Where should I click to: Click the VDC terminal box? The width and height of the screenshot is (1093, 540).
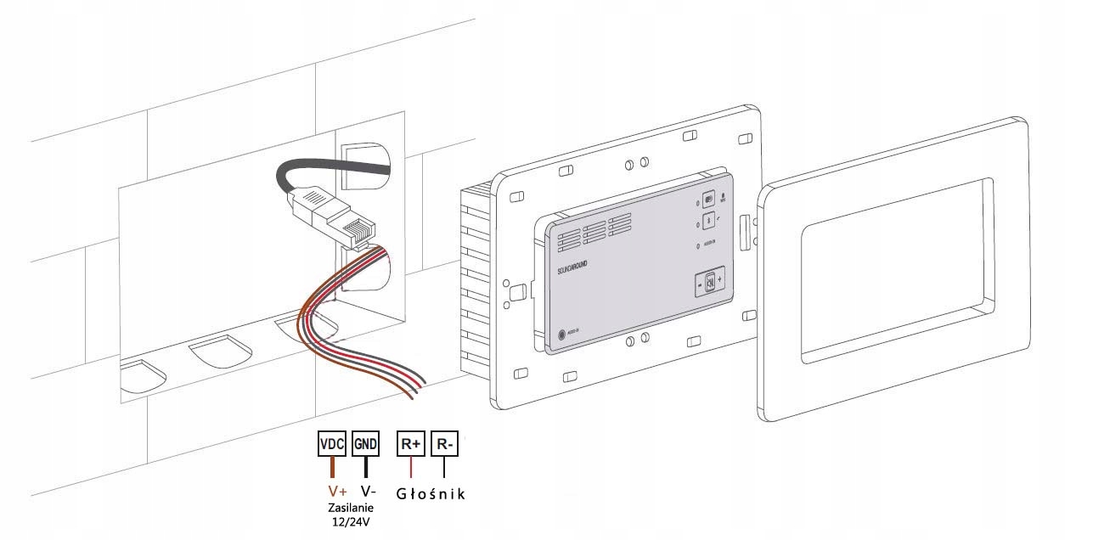pyautogui.click(x=331, y=444)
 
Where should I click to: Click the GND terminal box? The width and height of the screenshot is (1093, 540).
pyautogui.click(x=366, y=444)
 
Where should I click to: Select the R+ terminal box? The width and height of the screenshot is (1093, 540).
pyautogui.click(x=411, y=444)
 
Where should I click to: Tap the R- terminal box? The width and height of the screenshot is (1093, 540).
pyautogui.click(x=443, y=444)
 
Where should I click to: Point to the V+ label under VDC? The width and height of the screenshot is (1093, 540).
pyautogui.click(x=336, y=492)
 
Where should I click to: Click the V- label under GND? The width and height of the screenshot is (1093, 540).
pyautogui.click(x=369, y=492)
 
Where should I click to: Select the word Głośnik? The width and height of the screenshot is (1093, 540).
pyautogui.click(x=431, y=493)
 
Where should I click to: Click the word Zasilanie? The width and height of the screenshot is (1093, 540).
pyautogui.click(x=351, y=508)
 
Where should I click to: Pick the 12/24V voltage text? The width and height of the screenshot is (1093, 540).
pyautogui.click(x=351, y=520)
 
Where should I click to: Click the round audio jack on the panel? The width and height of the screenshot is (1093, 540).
pyautogui.click(x=561, y=335)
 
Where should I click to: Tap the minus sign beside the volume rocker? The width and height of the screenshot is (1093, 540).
pyautogui.click(x=701, y=286)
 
